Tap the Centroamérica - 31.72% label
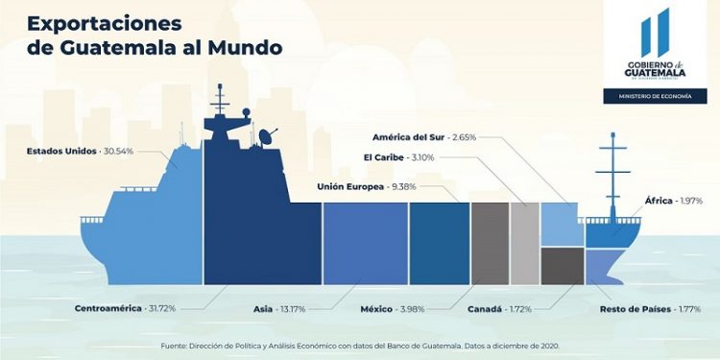coord(125,308)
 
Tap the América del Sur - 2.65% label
coord(423,137)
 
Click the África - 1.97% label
coord(673,200)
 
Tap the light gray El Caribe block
coord(524,243)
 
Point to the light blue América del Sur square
coord(558,224)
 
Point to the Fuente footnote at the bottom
coord(359,344)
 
